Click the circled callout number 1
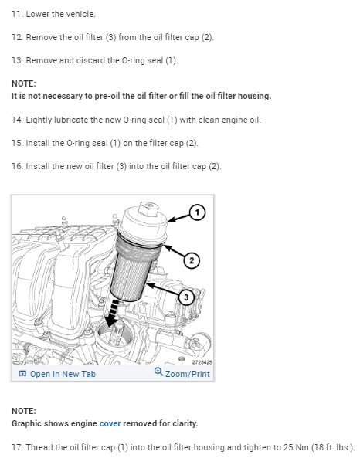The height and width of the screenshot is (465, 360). pos(197,212)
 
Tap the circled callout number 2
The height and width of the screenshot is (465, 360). pos(192,260)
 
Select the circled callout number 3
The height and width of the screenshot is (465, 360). pos(186,297)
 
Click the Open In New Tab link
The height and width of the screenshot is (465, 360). pos(57,374)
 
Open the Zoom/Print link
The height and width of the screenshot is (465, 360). pos(182,373)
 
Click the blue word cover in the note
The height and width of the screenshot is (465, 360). pos(110,423)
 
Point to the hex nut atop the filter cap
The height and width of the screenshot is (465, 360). pos(149,209)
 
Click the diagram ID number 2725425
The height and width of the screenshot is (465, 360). pos(202,362)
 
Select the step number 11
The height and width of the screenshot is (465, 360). pos(16,14)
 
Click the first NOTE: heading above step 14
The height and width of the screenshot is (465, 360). pos(24,83)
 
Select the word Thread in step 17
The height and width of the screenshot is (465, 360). pos(38,447)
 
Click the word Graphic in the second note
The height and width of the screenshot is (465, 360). pos(25,423)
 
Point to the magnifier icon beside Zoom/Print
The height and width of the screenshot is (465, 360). pos(158,372)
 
